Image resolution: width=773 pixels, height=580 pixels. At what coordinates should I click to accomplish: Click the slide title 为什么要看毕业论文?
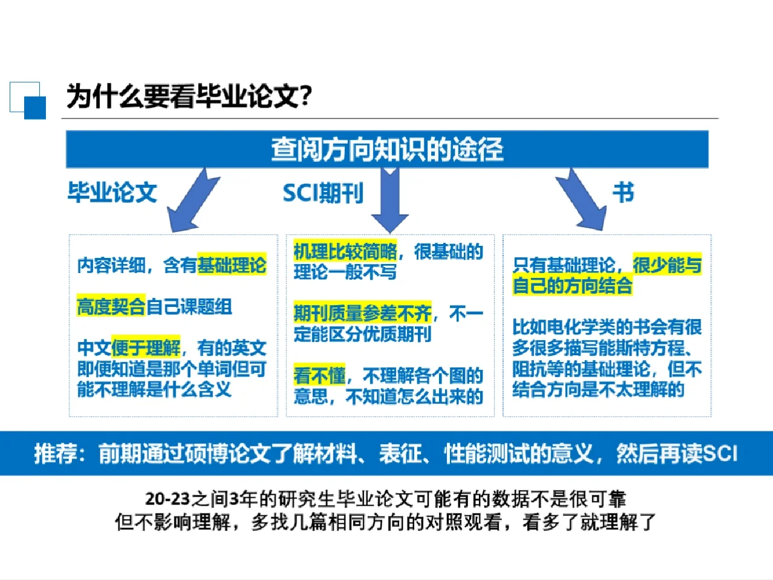pyautogui.click(x=189, y=96)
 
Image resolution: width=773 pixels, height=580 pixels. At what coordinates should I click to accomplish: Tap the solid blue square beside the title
pyautogui.click(x=35, y=108)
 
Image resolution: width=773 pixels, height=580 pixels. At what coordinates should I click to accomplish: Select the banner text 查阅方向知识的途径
pyautogui.click(x=387, y=149)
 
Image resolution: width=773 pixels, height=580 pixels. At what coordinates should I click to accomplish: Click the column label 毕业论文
pyautogui.click(x=112, y=192)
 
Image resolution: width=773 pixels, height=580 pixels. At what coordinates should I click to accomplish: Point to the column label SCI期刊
pyautogui.click(x=323, y=193)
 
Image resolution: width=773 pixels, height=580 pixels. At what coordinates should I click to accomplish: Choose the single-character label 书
pyautogui.click(x=623, y=192)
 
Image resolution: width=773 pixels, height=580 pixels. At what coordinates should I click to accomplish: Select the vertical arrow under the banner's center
pyautogui.click(x=390, y=200)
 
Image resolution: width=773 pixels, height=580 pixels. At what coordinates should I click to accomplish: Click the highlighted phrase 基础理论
pyautogui.click(x=232, y=265)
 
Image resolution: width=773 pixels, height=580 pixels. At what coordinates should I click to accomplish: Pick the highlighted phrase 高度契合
pyautogui.click(x=111, y=306)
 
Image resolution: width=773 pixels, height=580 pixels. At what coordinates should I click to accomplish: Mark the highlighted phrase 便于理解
pyautogui.click(x=146, y=347)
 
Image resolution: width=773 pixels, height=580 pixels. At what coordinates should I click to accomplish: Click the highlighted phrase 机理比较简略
pyautogui.click(x=345, y=251)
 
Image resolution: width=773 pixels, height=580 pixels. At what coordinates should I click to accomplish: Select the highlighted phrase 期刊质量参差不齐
pyautogui.click(x=362, y=313)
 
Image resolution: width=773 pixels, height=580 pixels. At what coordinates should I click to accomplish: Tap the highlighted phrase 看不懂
pyautogui.click(x=319, y=375)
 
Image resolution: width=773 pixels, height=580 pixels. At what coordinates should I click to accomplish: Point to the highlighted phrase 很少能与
pyautogui.click(x=667, y=265)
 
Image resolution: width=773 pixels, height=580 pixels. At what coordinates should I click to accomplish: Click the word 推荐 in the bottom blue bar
pyautogui.click(x=55, y=453)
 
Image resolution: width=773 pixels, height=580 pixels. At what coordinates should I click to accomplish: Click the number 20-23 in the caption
pyautogui.click(x=168, y=498)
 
